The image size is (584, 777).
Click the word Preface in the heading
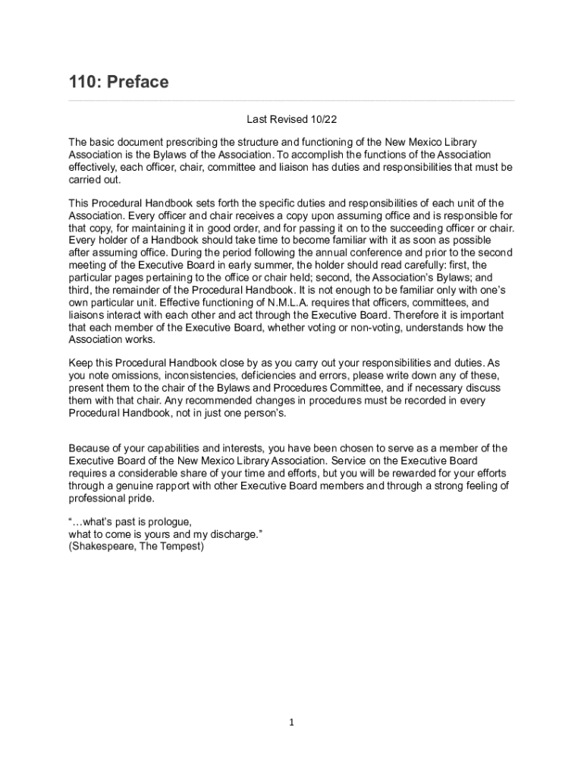click(x=138, y=82)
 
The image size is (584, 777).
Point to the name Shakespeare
click(x=100, y=546)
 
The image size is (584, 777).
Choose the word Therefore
click(x=395, y=315)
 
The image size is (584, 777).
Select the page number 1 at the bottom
click(x=291, y=722)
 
